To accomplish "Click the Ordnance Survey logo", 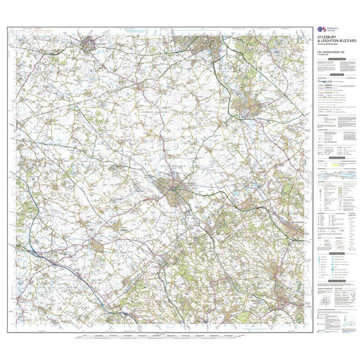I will tap(320, 30).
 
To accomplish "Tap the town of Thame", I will tap(96, 247).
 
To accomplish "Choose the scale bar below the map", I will tap(164, 337).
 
